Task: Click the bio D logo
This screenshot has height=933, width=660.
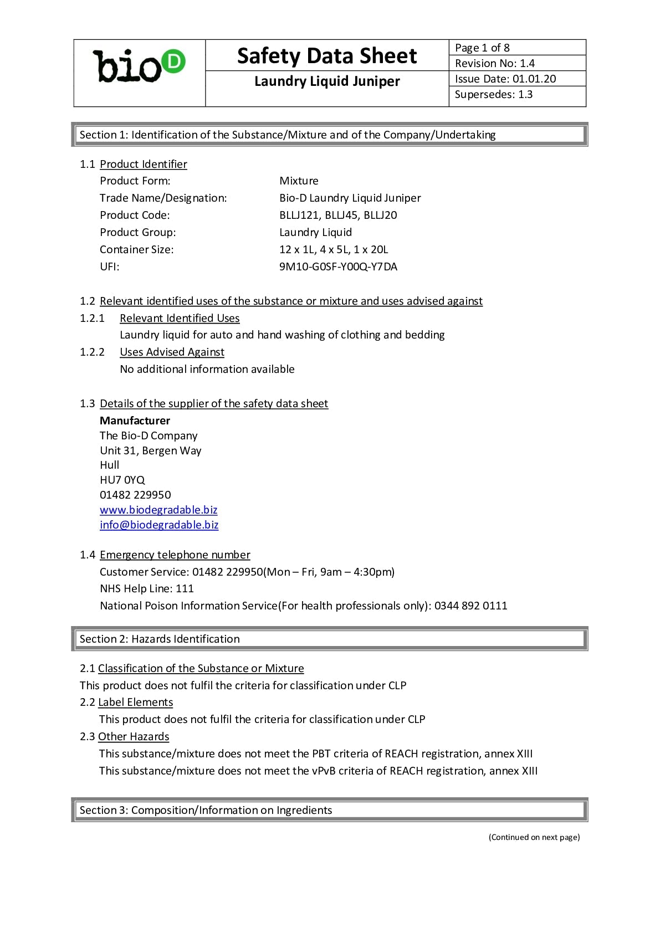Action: (139, 66)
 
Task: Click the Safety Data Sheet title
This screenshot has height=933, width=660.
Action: (327, 56)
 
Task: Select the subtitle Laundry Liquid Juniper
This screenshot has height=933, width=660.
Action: (327, 81)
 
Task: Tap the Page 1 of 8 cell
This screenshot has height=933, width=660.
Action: (482, 48)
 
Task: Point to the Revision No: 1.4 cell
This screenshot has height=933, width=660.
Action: (494, 63)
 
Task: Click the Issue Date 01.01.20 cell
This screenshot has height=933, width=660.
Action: (505, 79)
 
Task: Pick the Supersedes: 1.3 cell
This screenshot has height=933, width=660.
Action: (493, 94)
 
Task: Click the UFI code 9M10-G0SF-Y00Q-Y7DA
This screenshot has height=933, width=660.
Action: (338, 266)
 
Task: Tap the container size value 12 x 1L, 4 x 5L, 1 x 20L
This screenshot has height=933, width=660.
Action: (334, 249)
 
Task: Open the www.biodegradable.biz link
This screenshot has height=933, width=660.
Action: (158, 510)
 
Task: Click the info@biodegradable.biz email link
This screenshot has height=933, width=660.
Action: (159, 525)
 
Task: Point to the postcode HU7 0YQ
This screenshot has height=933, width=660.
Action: (122, 480)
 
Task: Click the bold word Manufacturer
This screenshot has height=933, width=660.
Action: (135, 421)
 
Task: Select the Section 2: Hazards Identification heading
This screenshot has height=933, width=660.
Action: (160, 639)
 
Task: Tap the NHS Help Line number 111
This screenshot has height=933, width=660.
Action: (185, 588)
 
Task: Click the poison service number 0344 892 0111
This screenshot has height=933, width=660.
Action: (470, 606)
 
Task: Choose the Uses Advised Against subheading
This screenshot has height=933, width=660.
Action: (172, 352)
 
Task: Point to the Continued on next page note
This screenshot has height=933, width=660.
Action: (534, 837)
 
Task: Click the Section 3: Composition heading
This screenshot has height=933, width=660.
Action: (206, 810)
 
